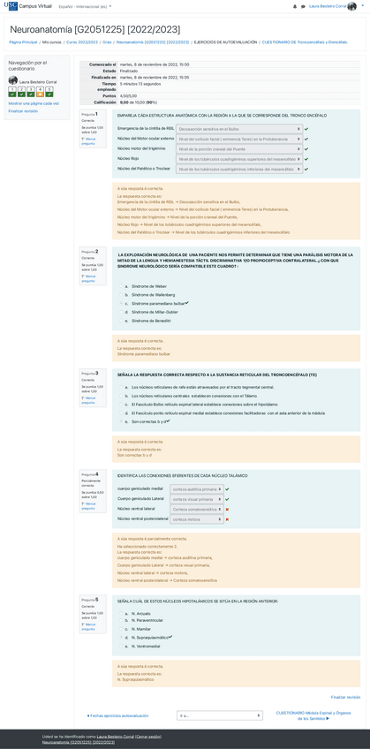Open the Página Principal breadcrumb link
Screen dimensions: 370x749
24,42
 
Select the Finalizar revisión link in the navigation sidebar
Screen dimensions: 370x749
23,111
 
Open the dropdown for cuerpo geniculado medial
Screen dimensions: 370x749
195,488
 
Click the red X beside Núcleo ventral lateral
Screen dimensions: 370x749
227,509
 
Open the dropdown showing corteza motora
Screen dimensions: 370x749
195,519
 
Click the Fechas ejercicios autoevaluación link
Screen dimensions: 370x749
118,715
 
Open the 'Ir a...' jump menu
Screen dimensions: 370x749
219,715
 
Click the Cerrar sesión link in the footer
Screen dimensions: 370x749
147,736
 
